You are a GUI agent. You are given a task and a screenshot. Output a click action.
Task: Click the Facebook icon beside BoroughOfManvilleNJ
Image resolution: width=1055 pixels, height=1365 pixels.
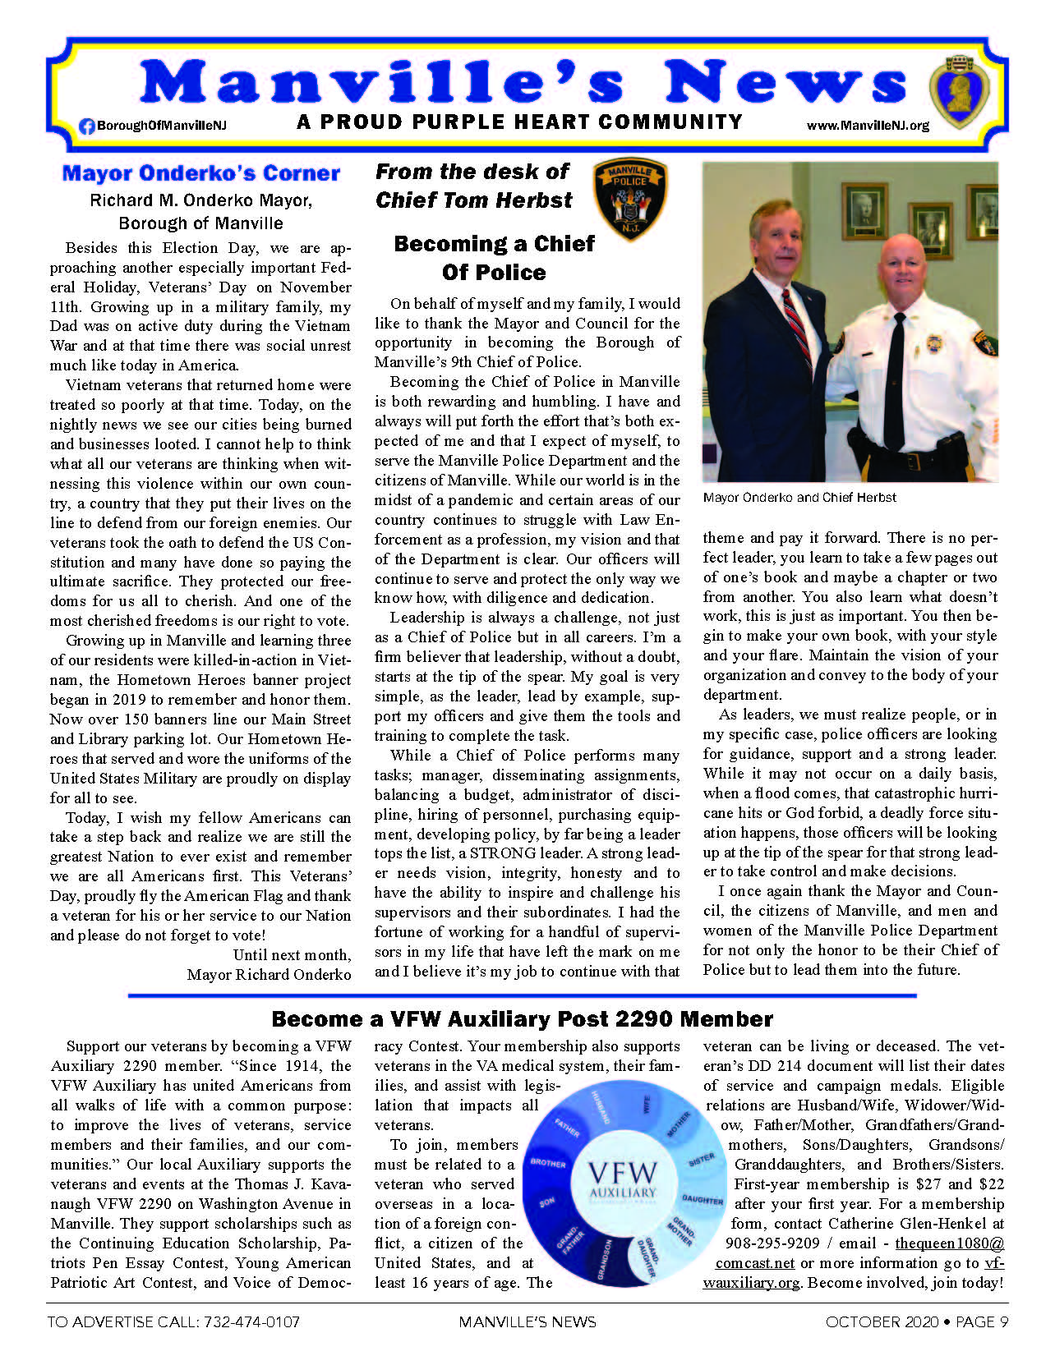coord(86,126)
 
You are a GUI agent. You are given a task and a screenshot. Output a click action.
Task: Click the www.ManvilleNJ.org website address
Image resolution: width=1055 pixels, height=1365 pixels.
coord(868,126)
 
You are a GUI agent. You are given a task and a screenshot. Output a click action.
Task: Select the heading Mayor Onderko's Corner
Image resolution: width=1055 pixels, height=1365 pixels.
coord(200,173)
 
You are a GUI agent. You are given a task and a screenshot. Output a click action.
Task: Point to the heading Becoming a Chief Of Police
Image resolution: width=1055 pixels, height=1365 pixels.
coord(494,258)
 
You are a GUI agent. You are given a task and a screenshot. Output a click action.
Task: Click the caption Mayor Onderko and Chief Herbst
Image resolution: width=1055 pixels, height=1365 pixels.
coord(799,498)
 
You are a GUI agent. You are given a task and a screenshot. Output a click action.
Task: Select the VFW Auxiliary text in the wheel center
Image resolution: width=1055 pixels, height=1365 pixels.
coord(623,1180)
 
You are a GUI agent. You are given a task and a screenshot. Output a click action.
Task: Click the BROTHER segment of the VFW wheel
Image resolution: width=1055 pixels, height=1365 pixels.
coord(548,1163)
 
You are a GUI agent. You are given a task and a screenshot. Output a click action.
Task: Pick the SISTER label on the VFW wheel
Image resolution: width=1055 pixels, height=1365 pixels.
coord(701,1160)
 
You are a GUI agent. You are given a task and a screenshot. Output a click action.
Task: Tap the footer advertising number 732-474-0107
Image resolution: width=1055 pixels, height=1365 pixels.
coord(246,1322)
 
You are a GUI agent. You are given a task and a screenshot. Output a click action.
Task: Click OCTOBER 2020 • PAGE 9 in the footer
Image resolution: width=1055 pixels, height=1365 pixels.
coord(916,1322)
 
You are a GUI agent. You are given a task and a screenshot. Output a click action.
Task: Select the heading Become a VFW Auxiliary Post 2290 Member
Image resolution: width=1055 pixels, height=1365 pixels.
coord(522,1019)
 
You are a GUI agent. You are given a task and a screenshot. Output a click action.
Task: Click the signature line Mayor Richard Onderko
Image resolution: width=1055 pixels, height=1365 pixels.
coord(269,975)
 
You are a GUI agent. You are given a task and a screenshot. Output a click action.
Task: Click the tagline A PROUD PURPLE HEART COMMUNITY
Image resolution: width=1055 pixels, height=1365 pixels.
coord(519,122)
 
